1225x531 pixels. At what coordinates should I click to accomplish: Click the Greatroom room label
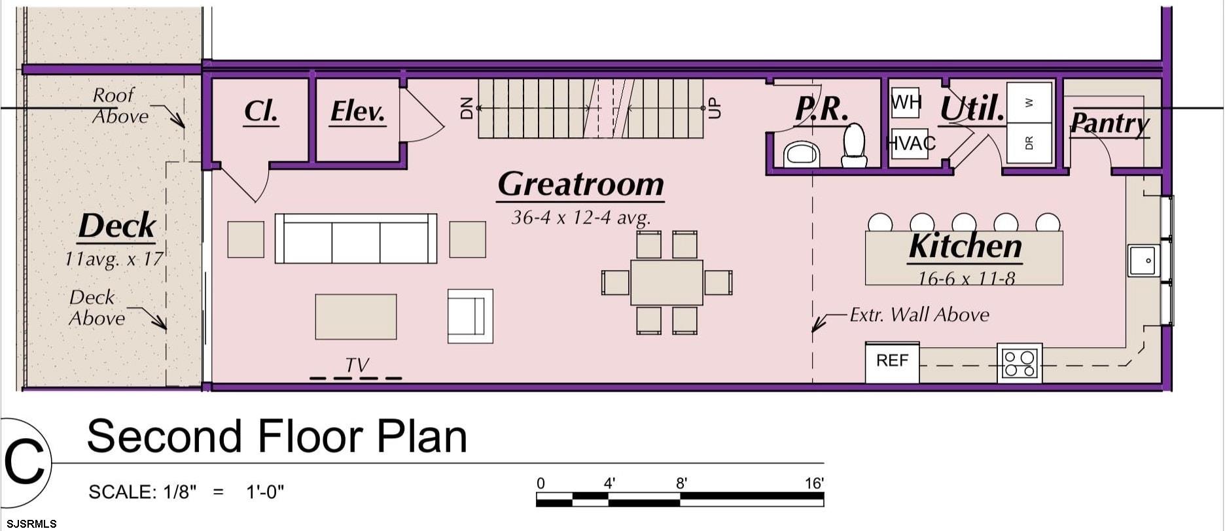click(x=580, y=185)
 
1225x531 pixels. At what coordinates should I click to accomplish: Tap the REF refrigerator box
click(x=892, y=362)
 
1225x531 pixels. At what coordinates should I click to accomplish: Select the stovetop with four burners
click(x=1020, y=364)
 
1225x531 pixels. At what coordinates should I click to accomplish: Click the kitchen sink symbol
click(x=1143, y=260)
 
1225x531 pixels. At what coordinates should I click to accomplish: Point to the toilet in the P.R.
click(x=854, y=145)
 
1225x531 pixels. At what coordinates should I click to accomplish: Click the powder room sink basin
click(x=802, y=154)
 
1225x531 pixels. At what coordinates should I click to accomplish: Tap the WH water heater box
click(x=906, y=103)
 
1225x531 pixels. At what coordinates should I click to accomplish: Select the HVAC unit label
click(x=910, y=143)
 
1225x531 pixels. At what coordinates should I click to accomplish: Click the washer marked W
click(x=1029, y=103)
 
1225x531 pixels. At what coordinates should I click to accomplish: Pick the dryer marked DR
click(x=1029, y=143)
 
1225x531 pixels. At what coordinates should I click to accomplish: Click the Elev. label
click(x=357, y=112)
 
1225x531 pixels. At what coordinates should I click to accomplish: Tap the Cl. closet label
click(x=260, y=112)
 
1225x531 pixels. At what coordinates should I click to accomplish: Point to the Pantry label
click(x=1110, y=123)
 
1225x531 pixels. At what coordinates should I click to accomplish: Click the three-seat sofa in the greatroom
click(x=355, y=238)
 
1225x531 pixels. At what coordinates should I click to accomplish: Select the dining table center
click(x=667, y=283)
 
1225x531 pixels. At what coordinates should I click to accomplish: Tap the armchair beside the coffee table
click(x=470, y=316)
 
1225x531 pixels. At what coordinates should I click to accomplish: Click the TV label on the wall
click(x=357, y=365)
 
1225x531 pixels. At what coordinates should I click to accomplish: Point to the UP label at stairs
click(x=715, y=108)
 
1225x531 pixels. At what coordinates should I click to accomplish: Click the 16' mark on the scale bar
click(x=814, y=483)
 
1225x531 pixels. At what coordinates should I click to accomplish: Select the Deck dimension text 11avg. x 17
click(x=114, y=259)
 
